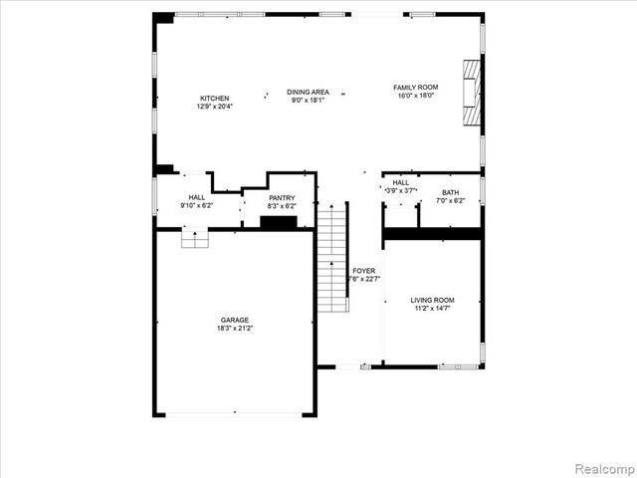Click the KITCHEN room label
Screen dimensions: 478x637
pyautogui.click(x=214, y=99)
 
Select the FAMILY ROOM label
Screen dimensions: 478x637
pyautogui.click(x=415, y=88)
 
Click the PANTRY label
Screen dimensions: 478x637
pyautogui.click(x=282, y=198)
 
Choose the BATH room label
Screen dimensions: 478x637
pyautogui.click(x=451, y=193)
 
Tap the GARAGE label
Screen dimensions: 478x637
pyautogui.click(x=235, y=320)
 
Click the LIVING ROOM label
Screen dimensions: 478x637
pyautogui.click(x=432, y=300)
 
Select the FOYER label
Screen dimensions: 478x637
pyautogui.click(x=364, y=271)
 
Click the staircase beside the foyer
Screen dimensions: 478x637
pyautogui.click(x=332, y=259)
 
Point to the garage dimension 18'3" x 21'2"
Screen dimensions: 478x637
pyautogui.click(x=235, y=328)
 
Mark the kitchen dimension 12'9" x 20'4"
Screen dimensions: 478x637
pyautogui.click(x=214, y=107)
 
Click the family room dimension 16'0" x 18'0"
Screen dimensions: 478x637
pyautogui.click(x=415, y=96)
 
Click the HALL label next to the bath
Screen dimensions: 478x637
pyautogui.click(x=400, y=183)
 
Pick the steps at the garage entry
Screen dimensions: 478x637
pyautogui.click(x=194, y=238)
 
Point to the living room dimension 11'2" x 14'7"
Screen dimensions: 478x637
pyautogui.click(x=432, y=308)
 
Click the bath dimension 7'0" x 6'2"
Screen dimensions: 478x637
pyautogui.click(x=451, y=201)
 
